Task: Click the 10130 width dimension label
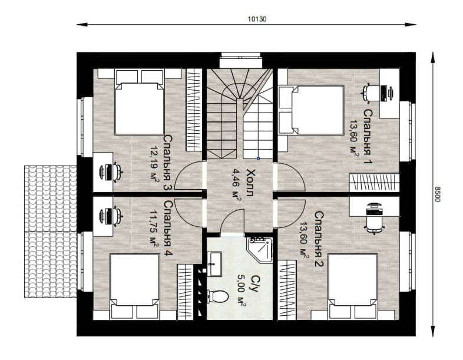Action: [257, 19]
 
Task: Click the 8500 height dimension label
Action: [437, 194]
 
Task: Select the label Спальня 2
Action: [319, 239]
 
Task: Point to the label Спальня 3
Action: [168, 163]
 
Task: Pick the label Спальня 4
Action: [168, 229]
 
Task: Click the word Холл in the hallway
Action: [250, 183]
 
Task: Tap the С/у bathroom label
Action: [254, 284]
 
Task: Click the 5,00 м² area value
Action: [242, 290]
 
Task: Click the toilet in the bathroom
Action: [218, 296]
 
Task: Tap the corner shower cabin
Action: [260, 250]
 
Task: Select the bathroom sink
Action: [214, 264]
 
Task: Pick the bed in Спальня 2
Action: [353, 286]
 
